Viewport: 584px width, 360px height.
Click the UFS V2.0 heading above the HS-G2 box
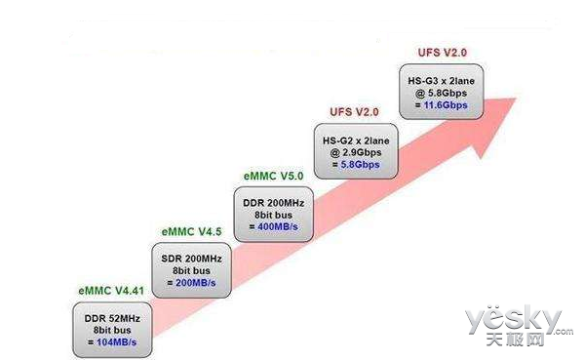coord(352,112)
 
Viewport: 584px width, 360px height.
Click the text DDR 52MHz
coord(112,318)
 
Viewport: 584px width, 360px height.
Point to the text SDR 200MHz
coord(193,259)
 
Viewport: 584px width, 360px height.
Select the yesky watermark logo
coord(513,320)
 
